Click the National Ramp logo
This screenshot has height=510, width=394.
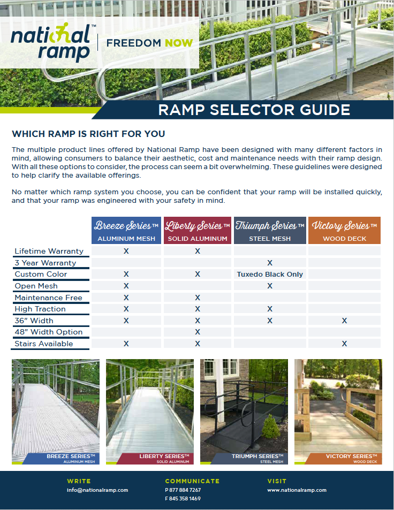point(51,43)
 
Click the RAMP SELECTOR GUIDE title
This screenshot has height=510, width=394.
point(254,110)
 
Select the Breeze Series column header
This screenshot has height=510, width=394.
point(126,231)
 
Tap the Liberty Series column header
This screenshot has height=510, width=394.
point(198,231)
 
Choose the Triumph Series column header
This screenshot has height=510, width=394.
point(270,231)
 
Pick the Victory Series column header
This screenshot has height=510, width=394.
point(344,231)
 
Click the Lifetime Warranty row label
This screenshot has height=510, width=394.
point(49,251)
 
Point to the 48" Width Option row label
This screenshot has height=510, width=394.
point(48,332)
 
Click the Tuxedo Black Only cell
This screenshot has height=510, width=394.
point(270,275)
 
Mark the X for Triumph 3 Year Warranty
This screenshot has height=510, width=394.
point(270,263)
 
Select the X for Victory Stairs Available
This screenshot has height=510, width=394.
point(344,344)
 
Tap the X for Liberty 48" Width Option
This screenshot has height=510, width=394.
point(198,332)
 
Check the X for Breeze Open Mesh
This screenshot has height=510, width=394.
point(126,286)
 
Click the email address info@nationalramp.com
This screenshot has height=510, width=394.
point(97,490)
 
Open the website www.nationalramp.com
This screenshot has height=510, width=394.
point(297,490)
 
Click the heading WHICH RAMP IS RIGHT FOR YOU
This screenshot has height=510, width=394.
point(88,134)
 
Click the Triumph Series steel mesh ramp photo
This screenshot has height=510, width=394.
point(244,407)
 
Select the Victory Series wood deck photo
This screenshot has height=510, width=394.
point(338,407)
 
